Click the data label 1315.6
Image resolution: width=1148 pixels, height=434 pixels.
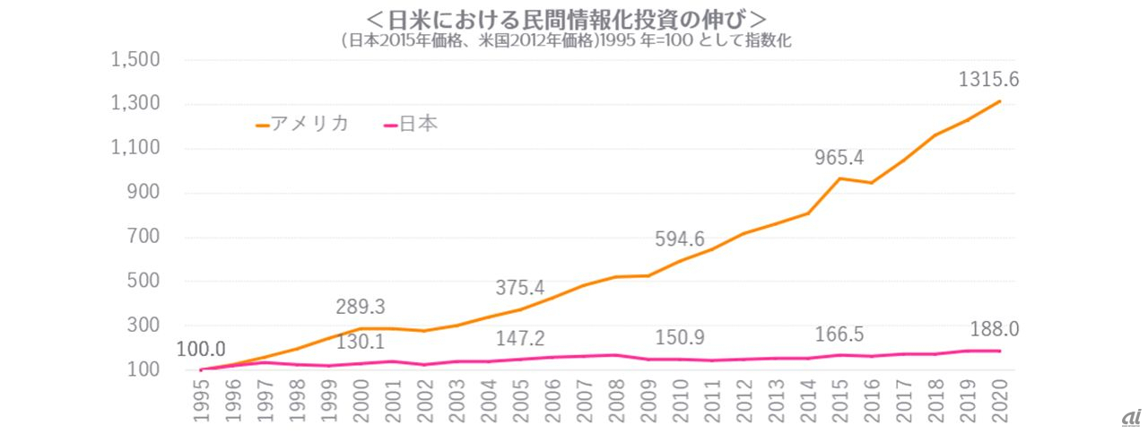tap(988, 80)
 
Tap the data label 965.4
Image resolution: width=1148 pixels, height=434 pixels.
tap(839, 158)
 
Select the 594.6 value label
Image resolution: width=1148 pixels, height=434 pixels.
tap(682, 239)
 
